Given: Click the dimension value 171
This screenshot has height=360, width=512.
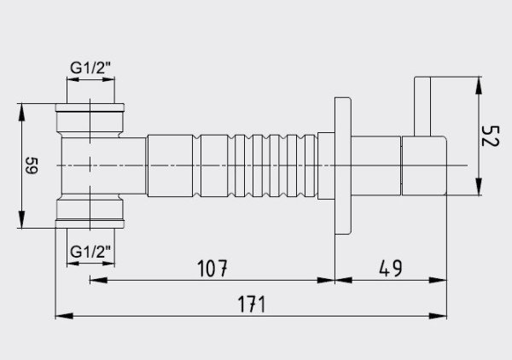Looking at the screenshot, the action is coord(252,305).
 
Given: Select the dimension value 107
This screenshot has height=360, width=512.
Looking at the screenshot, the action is coord(212,268).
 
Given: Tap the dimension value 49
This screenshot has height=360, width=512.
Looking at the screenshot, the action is coord(391,268).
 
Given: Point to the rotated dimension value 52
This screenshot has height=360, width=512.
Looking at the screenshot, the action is coord(490,136).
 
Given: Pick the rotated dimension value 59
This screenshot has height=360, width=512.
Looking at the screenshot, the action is coord(32,165).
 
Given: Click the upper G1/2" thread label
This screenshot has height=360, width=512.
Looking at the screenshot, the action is coord(90,68).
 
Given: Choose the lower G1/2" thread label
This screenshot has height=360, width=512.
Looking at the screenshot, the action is coord(90,252).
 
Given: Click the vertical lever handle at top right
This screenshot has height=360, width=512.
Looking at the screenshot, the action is coord(422,106).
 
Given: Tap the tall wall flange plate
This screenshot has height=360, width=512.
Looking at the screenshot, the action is coord(343,165).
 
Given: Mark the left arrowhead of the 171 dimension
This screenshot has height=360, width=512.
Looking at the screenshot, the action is coord(64,316).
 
